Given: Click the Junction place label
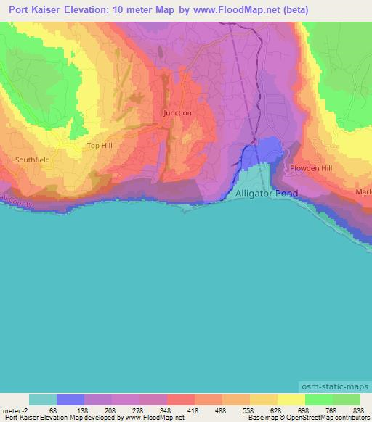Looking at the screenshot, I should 177,113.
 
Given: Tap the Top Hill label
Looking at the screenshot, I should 100,146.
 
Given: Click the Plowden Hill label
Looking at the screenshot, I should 311,168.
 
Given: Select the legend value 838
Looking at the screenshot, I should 360,410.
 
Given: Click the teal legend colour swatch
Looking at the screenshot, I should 43,400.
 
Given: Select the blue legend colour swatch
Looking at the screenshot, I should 70,400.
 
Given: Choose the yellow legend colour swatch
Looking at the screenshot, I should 291,400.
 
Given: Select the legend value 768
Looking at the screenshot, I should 332,410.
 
